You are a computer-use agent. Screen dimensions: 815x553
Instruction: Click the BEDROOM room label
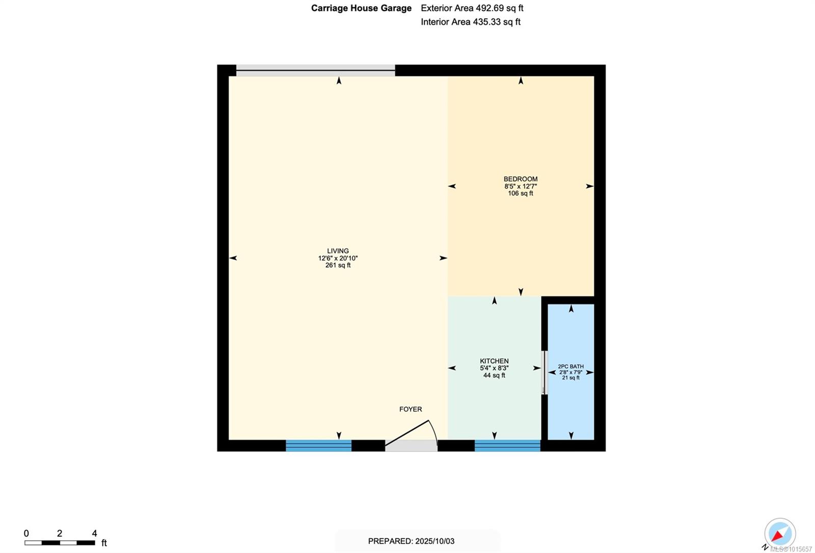click(520, 179)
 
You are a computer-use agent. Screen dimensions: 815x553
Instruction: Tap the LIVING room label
click(338, 251)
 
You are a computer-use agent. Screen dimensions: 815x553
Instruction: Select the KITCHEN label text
click(494, 361)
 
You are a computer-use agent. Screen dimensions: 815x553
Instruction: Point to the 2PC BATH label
click(571, 367)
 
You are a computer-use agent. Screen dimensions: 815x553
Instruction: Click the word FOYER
click(411, 409)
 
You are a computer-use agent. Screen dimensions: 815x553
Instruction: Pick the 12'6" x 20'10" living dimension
click(338, 258)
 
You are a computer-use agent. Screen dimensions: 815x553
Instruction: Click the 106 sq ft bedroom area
click(520, 193)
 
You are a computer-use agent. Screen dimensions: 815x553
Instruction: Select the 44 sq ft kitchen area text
click(494, 375)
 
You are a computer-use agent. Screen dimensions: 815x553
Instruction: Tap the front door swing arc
click(433, 429)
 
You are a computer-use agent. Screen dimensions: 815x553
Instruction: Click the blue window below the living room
click(319, 446)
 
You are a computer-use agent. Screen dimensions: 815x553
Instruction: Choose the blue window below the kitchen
click(507, 446)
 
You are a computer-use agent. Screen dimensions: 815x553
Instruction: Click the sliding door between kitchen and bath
click(545, 373)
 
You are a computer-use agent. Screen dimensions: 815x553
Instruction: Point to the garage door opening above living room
click(316, 71)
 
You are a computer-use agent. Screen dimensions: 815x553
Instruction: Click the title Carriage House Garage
click(361, 8)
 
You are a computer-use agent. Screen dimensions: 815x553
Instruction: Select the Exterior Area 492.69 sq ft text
click(472, 8)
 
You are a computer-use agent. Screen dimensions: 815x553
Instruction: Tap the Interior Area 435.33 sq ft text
click(471, 22)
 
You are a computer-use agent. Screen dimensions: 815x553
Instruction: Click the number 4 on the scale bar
click(95, 533)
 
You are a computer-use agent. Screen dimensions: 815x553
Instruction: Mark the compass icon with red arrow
click(780, 534)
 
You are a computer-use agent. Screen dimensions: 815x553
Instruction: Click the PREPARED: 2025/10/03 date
click(411, 541)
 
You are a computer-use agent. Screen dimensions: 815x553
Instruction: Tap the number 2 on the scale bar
click(60, 533)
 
